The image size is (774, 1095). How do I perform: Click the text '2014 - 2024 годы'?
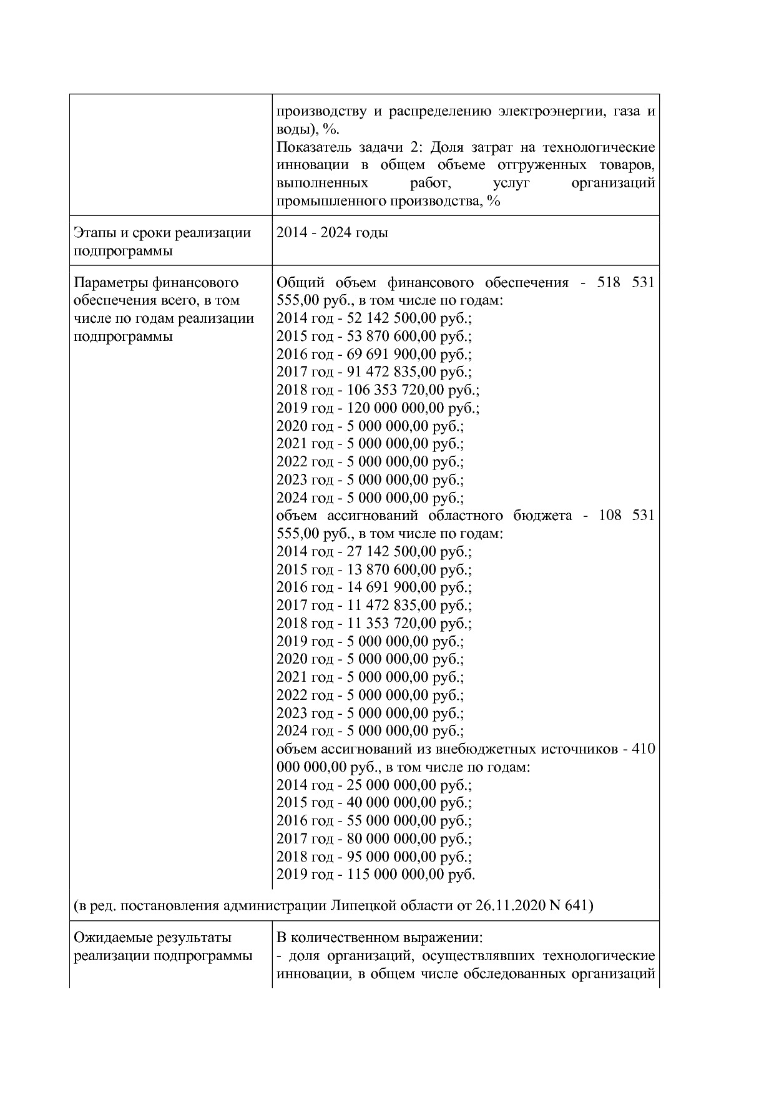tap(332, 233)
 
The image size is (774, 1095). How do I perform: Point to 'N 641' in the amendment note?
tap(568, 905)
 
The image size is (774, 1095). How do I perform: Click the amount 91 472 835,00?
tap(388, 372)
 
